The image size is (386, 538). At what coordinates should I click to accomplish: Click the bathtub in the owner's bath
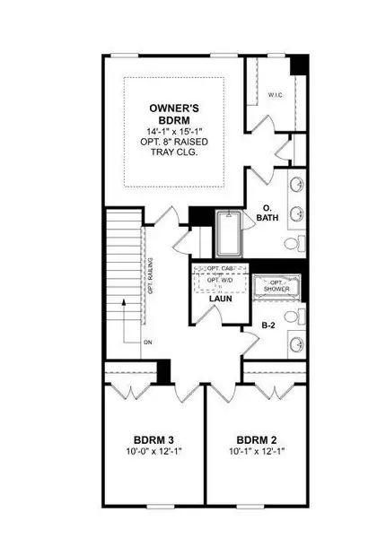tap(229, 237)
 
